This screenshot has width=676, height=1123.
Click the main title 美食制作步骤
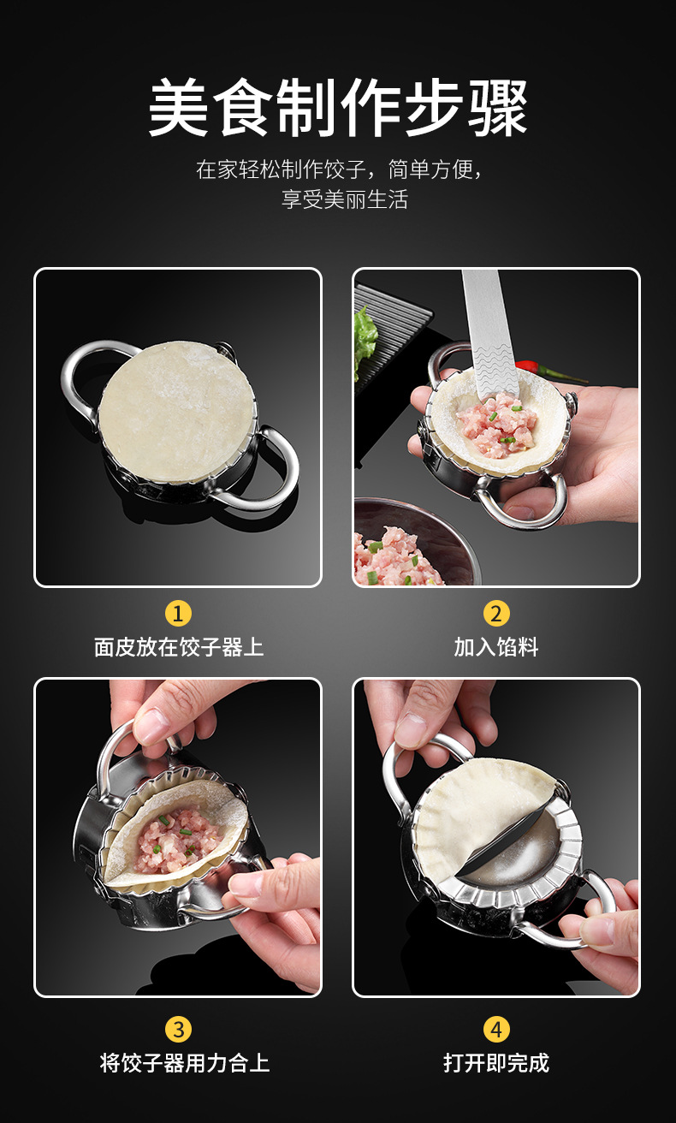coord(338,109)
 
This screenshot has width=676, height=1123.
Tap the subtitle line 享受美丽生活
coord(345,199)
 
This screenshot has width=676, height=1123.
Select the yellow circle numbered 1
coord(178,613)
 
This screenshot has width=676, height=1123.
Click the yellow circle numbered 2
coord(496,613)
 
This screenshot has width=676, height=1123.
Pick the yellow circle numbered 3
coord(178,1028)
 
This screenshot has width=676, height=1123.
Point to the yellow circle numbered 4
coord(496,1028)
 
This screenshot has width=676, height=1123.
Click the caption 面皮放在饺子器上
coord(178,647)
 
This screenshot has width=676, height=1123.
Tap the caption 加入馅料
coord(496,647)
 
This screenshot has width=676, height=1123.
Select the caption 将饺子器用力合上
coord(184,1063)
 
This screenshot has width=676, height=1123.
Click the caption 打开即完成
coord(496,1063)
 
